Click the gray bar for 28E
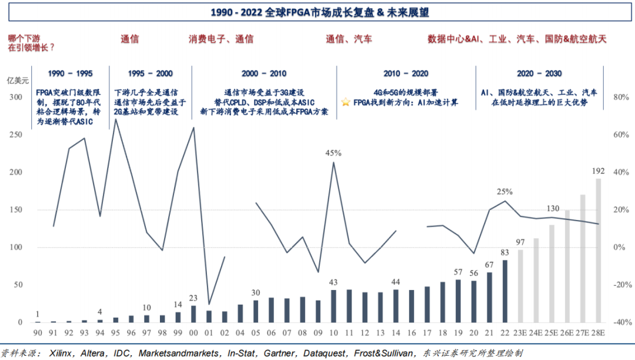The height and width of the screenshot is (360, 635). coord(599,251)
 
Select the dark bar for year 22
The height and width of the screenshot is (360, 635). coord(505,291)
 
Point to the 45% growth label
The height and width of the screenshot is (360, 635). coord(333,153)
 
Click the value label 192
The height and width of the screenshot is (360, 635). coord(599,171)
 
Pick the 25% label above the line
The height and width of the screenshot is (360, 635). coord(504,191)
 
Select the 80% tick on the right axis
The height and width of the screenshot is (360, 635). coord(621,97)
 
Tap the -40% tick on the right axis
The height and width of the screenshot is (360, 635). coord(620,322)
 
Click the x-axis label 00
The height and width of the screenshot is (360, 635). coord(193,333)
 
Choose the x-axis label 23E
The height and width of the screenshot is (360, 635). coord(520,333)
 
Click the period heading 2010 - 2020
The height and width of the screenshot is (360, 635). coord(406,74)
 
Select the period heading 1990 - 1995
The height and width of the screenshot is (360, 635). coord(71,74)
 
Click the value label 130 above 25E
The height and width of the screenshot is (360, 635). coord(552,209)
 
